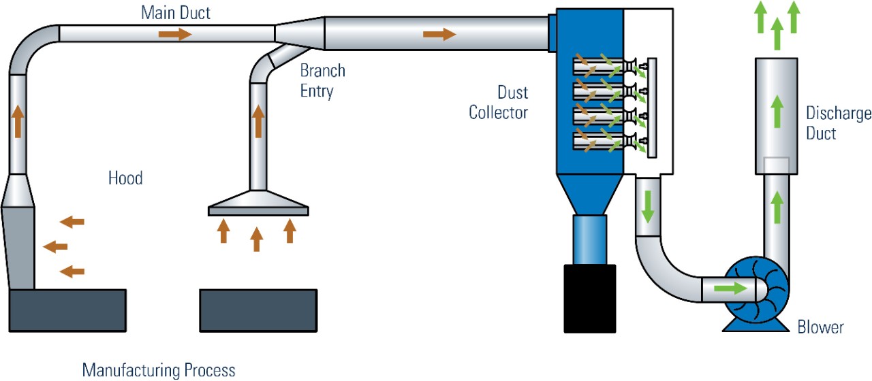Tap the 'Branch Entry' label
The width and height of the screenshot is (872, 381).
coord(322,81)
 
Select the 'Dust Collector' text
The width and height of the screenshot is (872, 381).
coord(498,102)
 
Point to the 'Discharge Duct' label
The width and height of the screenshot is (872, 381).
coord(838,123)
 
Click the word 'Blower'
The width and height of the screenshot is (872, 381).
coord(820,327)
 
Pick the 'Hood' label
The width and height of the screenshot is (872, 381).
coord(125,178)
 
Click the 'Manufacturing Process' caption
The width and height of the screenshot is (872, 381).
coord(158,370)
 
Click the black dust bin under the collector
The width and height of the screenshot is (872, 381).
coord(590,298)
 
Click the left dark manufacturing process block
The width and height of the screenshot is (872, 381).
coord(67,310)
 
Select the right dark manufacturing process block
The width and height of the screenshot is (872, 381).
coord(258,310)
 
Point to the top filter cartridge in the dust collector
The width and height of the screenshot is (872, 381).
coord(599,67)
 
